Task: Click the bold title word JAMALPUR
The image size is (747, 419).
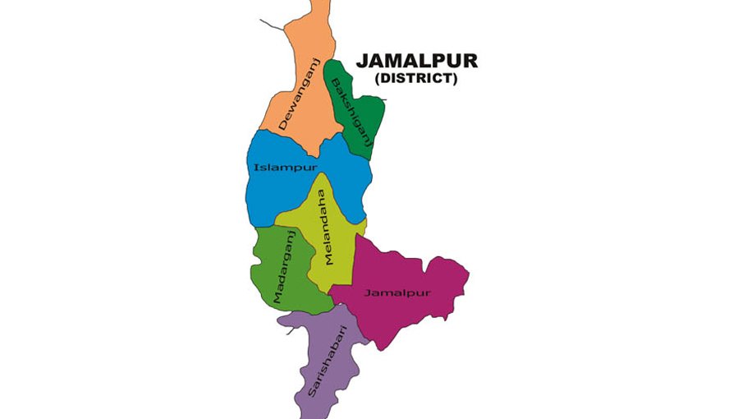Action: (x=416, y=62)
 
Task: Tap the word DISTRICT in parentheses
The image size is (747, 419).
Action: (x=416, y=79)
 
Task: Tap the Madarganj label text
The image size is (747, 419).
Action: (x=285, y=269)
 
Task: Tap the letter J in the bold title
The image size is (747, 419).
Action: (x=360, y=62)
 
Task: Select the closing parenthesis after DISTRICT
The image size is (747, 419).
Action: (x=455, y=79)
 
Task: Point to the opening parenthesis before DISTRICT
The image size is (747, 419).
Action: (x=378, y=79)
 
